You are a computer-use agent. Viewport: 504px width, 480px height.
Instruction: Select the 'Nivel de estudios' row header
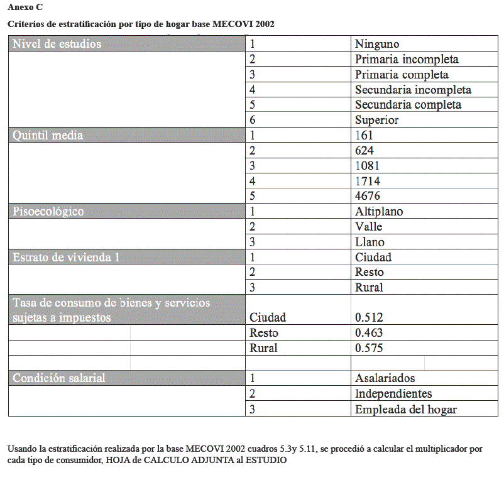[x=57, y=44]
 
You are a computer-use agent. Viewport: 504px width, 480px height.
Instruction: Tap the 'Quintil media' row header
[x=48, y=135]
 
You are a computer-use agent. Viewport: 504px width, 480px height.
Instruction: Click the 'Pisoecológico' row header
[x=48, y=211]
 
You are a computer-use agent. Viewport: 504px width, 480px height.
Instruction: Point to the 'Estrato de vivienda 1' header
[x=66, y=256]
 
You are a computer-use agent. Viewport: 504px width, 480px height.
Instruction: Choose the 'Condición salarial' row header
[x=59, y=378]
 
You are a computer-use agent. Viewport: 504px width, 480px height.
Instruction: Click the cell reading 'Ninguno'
[x=377, y=44]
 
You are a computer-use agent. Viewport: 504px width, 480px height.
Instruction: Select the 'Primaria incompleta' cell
[x=407, y=59]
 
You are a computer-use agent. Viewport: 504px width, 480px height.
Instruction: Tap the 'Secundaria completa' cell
[x=408, y=105]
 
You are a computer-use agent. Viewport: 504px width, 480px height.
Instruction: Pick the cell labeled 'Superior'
[x=377, y=120]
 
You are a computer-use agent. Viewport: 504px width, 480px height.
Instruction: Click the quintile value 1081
[x=367, y=166]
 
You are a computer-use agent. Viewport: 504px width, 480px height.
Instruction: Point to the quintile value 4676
[x=368, y=196]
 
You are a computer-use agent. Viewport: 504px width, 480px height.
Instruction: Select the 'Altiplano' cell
[x=379, y=211]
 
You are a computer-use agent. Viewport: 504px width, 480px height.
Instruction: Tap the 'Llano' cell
[x=370, y=242]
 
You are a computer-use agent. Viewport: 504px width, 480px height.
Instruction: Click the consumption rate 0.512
[x=369, y=317]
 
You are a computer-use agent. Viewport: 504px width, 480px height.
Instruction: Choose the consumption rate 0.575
[x=369, y=347]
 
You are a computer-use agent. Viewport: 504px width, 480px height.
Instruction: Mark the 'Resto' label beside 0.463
[x=264, y=332]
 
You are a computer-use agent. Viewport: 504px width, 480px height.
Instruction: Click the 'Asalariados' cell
[x=385, y=378]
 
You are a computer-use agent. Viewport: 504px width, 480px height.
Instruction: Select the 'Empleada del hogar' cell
[x=406, y=409]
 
